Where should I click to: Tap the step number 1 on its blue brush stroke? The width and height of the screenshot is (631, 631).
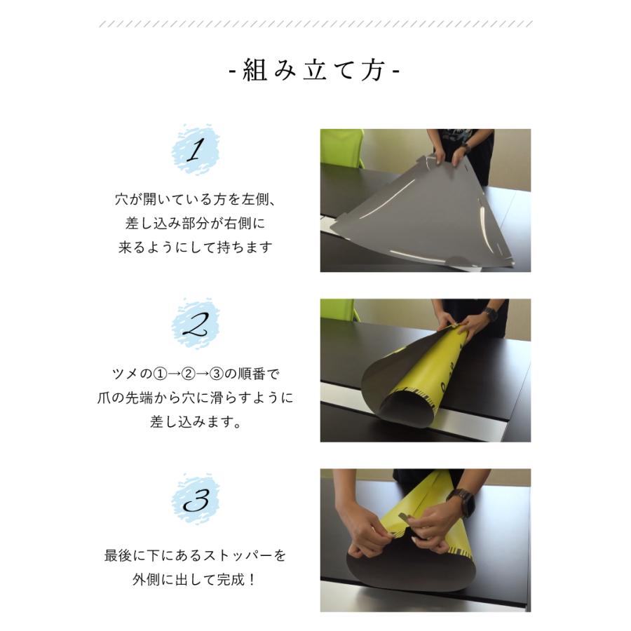196,149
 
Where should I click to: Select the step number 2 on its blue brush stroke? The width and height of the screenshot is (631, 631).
196,325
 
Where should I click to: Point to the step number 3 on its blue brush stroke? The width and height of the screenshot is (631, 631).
196,500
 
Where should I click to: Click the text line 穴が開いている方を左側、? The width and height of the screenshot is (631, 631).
196,199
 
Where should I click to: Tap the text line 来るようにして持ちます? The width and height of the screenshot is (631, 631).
196,247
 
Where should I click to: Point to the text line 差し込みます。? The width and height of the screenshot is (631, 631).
196,423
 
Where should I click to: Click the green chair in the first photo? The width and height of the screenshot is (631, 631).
341,147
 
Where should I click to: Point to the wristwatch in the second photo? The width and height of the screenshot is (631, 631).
489,313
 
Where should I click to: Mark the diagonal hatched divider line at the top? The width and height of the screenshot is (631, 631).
315,24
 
